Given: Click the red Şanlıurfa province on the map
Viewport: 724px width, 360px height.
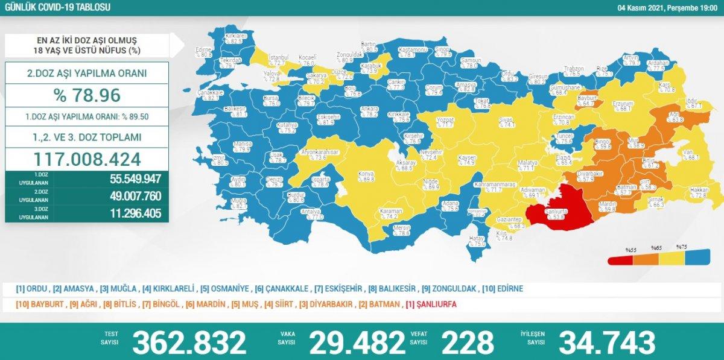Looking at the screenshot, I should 552,208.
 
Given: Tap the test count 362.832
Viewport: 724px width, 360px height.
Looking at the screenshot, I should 189,343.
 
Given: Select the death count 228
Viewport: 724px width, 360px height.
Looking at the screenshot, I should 467,343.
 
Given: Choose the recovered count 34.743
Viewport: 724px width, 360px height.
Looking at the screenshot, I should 607,343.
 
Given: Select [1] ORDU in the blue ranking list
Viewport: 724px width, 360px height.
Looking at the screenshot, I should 32,289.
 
